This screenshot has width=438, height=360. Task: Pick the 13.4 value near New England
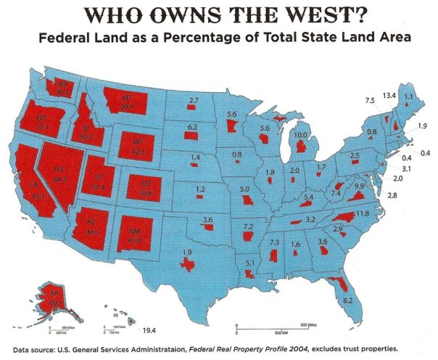tap(389, 95)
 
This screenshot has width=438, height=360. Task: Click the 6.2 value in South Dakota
tap(192, 128)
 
